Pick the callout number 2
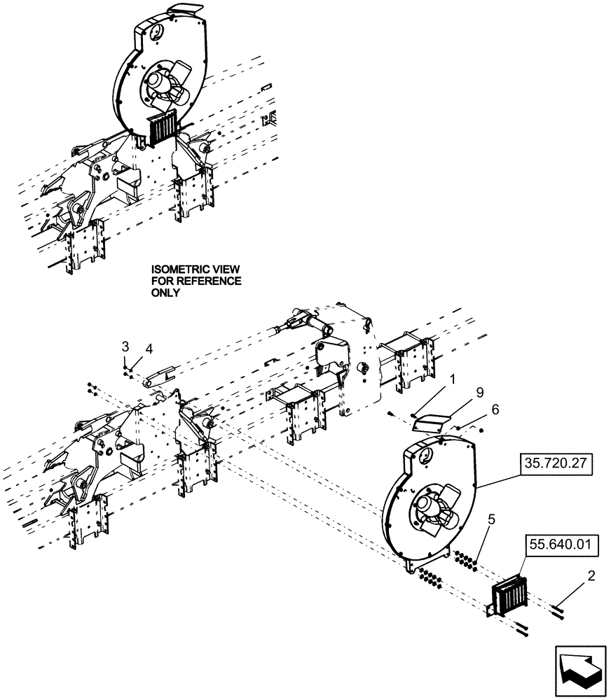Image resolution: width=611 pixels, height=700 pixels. point(591,577)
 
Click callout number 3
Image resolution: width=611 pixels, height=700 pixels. point(125,346)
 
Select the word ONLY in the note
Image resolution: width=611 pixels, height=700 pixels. point(165,293)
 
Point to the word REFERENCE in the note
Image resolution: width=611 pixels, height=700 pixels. point(209,281)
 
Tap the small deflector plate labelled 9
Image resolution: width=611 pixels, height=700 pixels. point(432,421)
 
